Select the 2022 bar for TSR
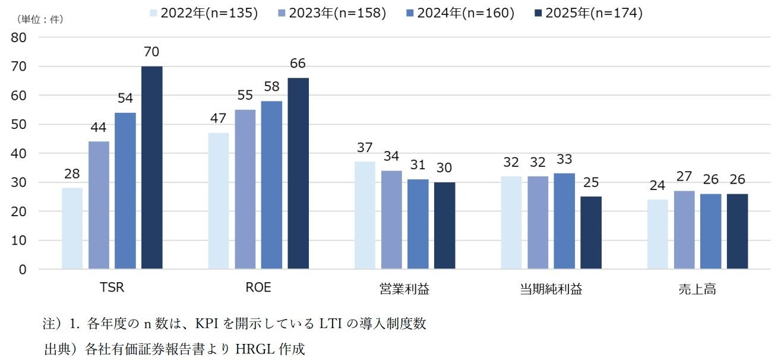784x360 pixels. pyautogui.click(x=72, y=228)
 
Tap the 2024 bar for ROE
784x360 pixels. pyautogui.click(x=271, y=185)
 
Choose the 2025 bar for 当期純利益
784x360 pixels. pyautogui.click(x=591, y=233)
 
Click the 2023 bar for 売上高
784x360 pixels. pyautogui.click(x=685, y=230)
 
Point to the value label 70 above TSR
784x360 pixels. pyautogui.click(x=151, y=52)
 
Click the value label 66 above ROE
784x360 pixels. pyautogui.click(x=298, y=64)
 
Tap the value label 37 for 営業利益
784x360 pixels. pyautogui.click(x=365, y=148)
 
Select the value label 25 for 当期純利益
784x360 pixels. pyautogui.click(x=591, y=183)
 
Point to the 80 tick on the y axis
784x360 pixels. pyautogui.click(x=19, y=37)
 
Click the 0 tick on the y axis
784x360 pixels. pyautogui.click(x=23, y=269)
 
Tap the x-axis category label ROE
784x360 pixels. pyautogui.click(x=258, y=288)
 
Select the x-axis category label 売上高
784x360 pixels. pyautogui.click(x=698, y=289)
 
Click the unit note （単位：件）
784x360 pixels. pyautogui.click(x=40, y=19)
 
